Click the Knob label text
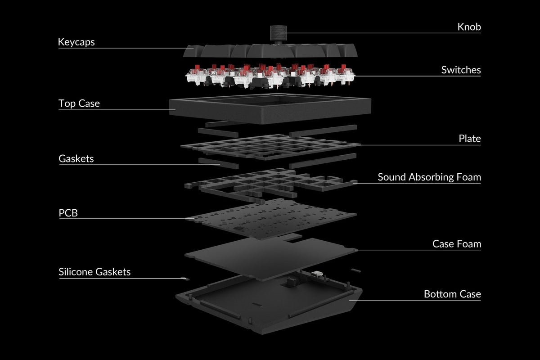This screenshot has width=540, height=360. click(x=469, y=27)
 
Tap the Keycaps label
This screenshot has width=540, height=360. click(x=76, y=42)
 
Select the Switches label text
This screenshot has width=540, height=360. click(x=461, y=70)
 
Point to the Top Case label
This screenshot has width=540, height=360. click(x=79, y=103)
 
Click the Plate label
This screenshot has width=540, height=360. click(x=469, y=139)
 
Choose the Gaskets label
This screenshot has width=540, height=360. click(x=76, y=159)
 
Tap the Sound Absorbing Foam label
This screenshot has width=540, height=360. click(x=429, y=177)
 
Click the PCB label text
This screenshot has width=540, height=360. click(x=68, y=213)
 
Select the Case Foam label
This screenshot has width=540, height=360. click(x=456, y=244)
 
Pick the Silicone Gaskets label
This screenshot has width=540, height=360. click(x=94, y=272)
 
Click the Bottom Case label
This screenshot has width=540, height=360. click(x=452, y=294)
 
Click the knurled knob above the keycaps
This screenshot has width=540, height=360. click(x=275, y=33)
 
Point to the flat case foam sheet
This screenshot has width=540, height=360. click(x=270, y=256)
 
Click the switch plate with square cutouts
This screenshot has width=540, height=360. click(x=270, y=146)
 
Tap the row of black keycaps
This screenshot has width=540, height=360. click(x=270, y=50)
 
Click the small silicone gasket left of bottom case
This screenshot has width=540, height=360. click(x=184, y=278)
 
